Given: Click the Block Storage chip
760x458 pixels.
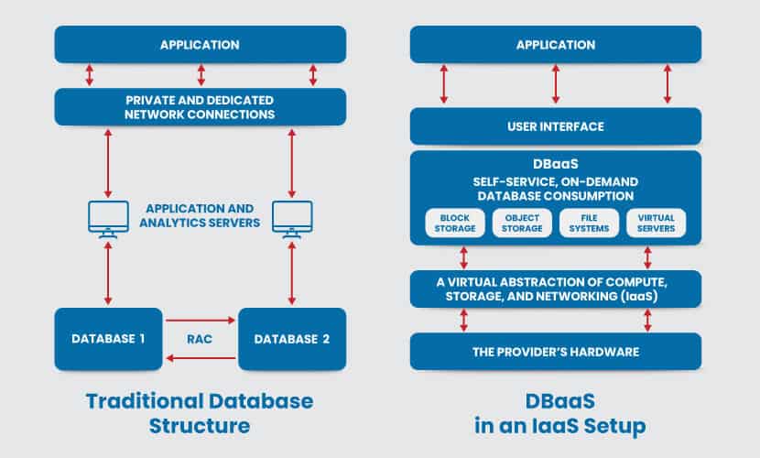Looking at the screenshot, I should pyautogui.click(x=450, y=223).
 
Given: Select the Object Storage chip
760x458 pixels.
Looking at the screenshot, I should pyautogui.click(x=517, y=223).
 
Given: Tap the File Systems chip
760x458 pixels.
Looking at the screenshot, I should pyautogui.click(x=585, y=223).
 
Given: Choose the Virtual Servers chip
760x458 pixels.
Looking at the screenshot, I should pyautogui.click(x=654, y=223).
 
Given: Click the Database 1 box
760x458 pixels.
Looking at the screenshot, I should pyautogui.click(x=109, y=339).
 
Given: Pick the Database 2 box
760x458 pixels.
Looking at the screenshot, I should pyautogui.click(x=292, y=339).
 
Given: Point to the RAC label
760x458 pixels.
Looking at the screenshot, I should pyautogui.click(x=201, y=339).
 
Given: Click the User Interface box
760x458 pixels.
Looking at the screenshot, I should pyautogui.click(x=555, y=126).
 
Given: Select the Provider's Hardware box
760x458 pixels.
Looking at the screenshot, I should pyautogui.click(x=555, y=352).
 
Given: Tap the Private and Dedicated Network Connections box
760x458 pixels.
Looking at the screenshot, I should pyautogui.click(x=200, y=106).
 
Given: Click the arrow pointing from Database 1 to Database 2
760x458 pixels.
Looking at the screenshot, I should pyautogui.click(x=201, y=322).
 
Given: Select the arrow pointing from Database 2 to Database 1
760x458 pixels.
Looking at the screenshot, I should pyautogui.click(x=201, y=360).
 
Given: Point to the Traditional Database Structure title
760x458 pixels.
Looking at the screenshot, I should pyautogui.click(x=200, y=412).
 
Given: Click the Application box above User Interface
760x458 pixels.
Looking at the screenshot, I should pyautogui.click(x=555, y=44).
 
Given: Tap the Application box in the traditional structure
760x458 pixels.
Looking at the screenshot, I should pyautogui.click(x=200, y=44).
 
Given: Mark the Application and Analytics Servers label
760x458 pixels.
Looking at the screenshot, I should pyautogui.click(x=200, y=214).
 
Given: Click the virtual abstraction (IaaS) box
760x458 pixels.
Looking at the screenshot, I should pyautogui.click(x=555, y=289).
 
